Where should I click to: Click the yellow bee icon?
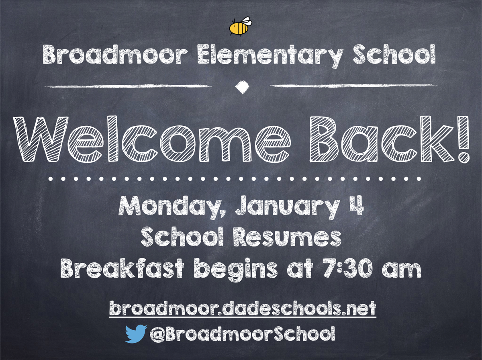pos(240,27)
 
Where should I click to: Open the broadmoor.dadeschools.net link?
pos(242,309)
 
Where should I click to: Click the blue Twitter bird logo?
pos(136,334)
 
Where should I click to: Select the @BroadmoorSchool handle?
pos(242,334)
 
